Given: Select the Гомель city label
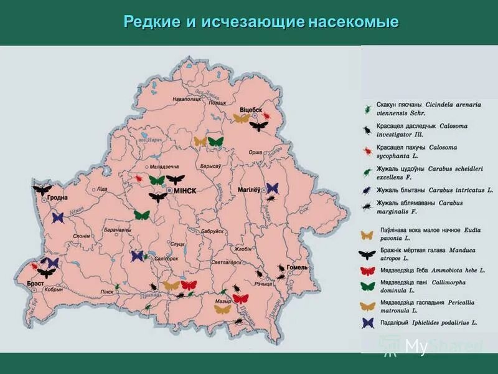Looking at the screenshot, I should click(x=297, y=267).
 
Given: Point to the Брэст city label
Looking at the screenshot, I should click(x=35, y=283).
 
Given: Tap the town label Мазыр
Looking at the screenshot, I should click(x=223, y=301).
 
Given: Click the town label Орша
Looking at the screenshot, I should click(x=255, y=152).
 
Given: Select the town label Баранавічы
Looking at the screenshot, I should click(x=117, y=229).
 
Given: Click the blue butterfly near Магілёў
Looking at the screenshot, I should click(x=272, y=188).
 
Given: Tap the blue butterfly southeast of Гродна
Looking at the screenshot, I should click(x=58, y=218).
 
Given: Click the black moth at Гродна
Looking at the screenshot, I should click(x=42, y=189).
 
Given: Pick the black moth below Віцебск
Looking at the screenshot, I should click(x=258, y=126).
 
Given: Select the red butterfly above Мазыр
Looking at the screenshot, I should click(x=240, y=299).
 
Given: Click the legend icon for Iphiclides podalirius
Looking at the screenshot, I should click(x=368, y=323).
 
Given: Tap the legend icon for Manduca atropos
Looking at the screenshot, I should click(x=368, y=254).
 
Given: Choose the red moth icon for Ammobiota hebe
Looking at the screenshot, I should click(x=368, y=271).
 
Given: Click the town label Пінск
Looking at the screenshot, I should click(x=107, y=291).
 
